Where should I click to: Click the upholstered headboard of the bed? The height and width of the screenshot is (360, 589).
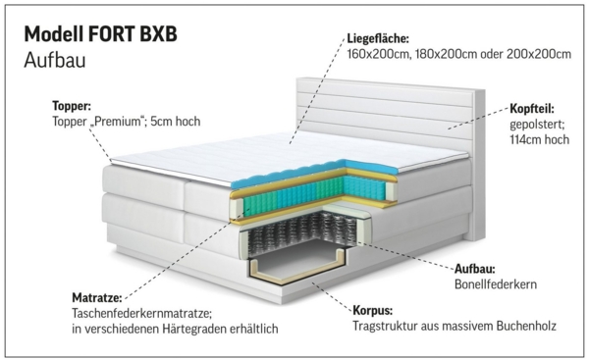[x=393, y=113]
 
